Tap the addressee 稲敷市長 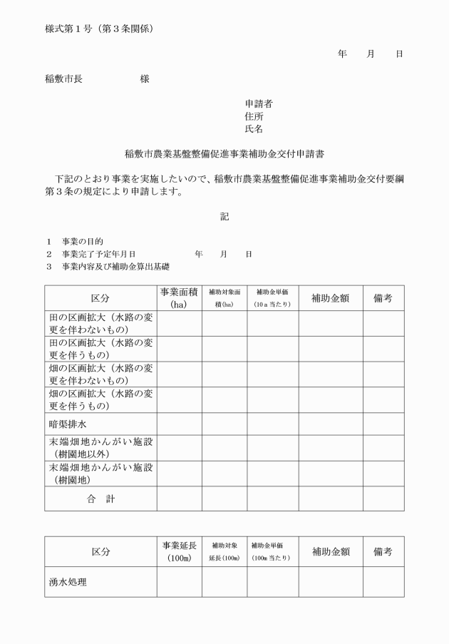63,78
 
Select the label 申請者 258,104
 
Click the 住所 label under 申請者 254,116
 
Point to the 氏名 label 254,129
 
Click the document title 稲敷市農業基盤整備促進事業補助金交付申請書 224,153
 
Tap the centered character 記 224,216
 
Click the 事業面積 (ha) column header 179,297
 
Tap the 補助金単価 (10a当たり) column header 272,297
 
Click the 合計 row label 100,499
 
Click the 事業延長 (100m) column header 179,551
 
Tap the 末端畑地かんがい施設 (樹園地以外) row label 100,449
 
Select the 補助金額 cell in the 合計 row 330,499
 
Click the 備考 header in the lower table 383,551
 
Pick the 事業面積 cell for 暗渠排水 179,424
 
